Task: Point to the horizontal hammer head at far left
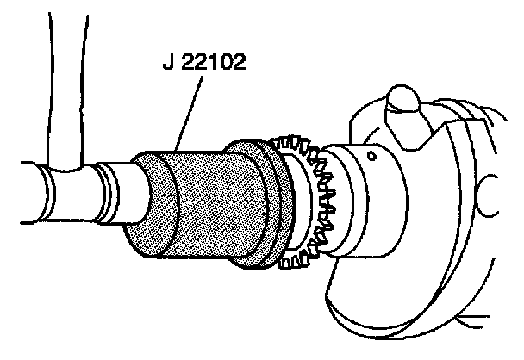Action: (x=26, y=194)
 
